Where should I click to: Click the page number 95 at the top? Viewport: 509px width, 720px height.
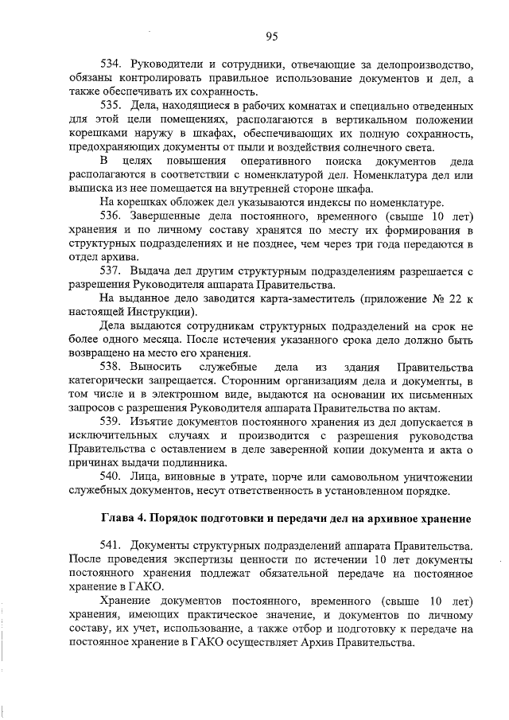271,36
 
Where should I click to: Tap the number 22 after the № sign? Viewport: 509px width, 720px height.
454,298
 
